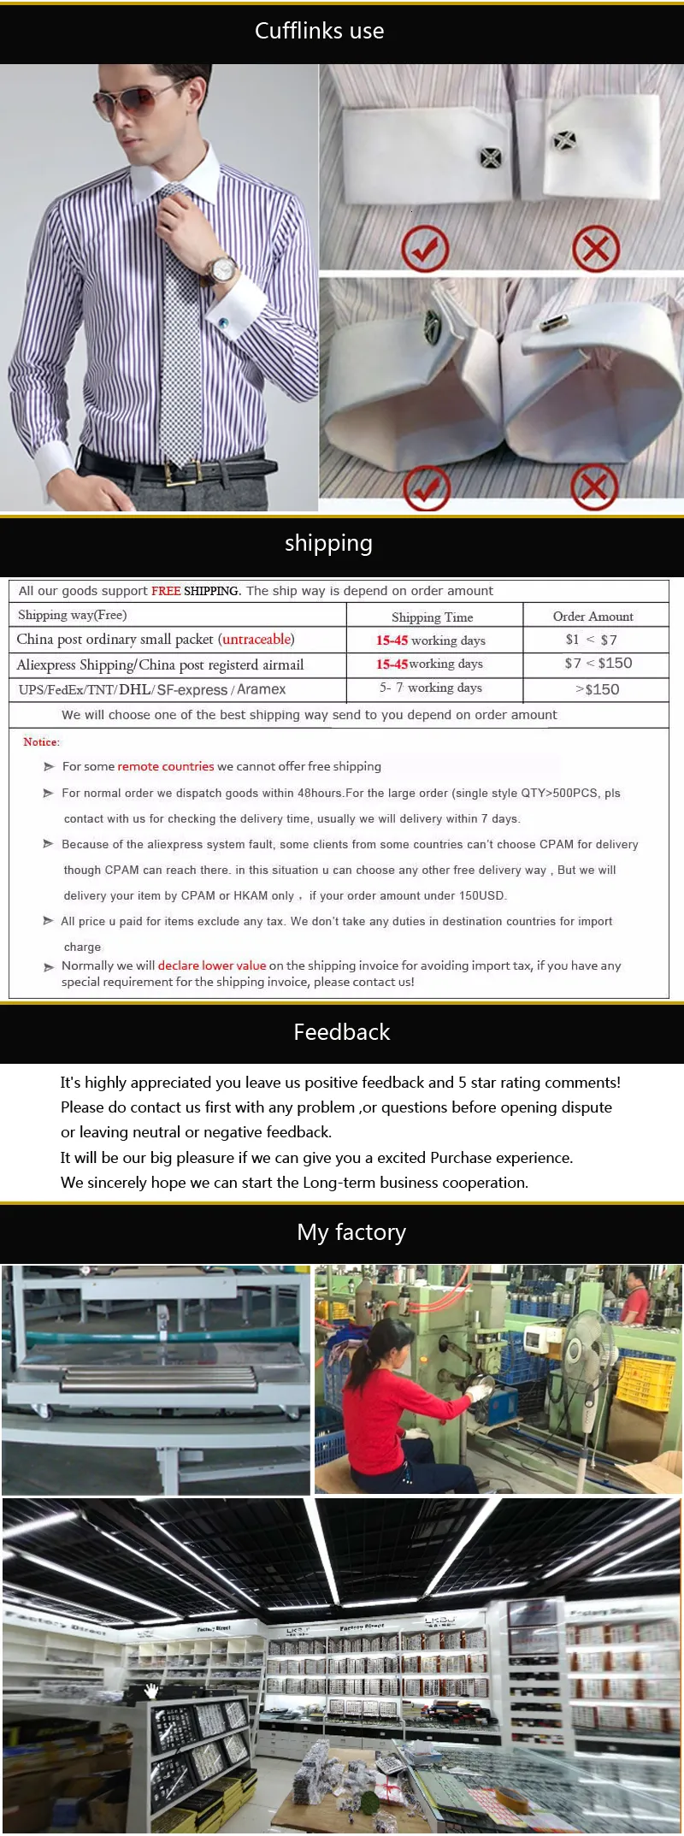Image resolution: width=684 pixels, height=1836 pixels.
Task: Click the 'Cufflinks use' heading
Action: click(319, 31)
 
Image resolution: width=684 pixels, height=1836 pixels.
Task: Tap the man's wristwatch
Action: click(221, 270)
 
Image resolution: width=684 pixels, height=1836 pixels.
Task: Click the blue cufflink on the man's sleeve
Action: click(224, 323)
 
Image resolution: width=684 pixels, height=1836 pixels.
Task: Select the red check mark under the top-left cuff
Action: click(425, 248)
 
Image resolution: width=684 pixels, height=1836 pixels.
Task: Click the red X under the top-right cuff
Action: click(596, 249)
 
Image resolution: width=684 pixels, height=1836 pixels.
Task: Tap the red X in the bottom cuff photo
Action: click(594, 487)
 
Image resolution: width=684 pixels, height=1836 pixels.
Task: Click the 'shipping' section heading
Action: click(328, 543)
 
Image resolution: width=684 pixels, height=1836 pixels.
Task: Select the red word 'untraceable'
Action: click(256, 639)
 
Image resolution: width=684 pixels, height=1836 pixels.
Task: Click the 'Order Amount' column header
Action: click(593, 616)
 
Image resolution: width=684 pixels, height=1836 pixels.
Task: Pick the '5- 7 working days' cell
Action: click(431, 688)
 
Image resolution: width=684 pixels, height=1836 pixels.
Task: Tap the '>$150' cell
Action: click(598, 689)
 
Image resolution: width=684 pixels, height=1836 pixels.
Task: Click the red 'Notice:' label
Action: click(41, 741)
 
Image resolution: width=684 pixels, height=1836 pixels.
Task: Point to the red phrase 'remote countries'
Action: click(166, 766)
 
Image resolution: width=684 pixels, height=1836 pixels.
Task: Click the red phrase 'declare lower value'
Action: click(212, 965)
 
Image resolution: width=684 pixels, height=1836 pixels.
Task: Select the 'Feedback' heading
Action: click(341, 1032)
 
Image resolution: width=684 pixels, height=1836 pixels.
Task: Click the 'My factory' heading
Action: click(351, 1232)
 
